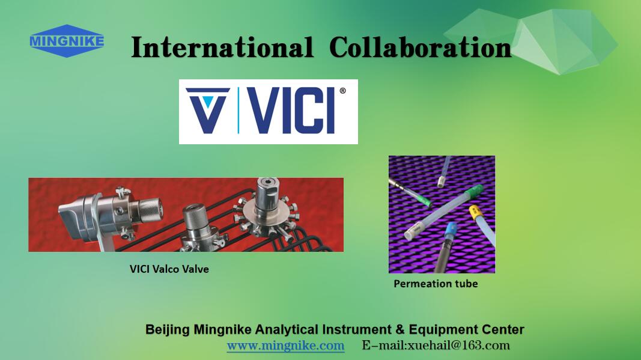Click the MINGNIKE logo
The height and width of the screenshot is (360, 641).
67,41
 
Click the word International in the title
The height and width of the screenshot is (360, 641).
222,47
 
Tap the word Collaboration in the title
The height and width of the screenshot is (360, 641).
421,47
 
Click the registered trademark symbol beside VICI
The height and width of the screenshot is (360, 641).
342,91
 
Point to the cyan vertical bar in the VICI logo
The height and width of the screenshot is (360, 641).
238,111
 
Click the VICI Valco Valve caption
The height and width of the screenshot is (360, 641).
169,269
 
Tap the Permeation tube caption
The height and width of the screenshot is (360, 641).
436,284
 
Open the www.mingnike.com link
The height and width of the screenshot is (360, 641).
286,346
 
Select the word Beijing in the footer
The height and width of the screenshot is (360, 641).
167,330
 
